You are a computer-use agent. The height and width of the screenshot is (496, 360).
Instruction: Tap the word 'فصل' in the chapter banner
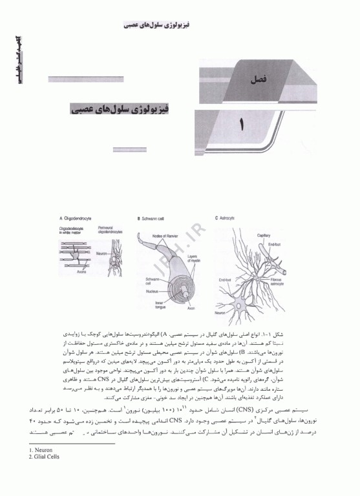[x=257, y=82]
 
